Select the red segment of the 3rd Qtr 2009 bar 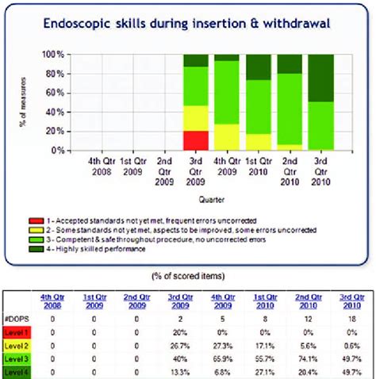[x=196, y=140]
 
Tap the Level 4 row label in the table [x=18, y=371]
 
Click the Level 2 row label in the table [x=18, y=347]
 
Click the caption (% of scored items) [x=187, y=274]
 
